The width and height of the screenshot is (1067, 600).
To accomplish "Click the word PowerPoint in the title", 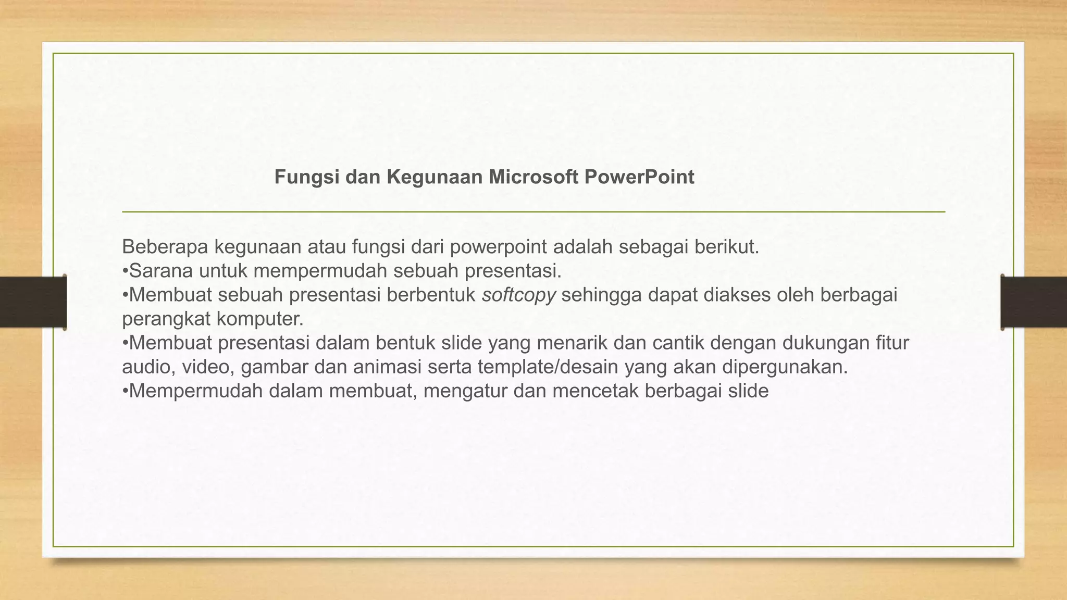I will (639, 177).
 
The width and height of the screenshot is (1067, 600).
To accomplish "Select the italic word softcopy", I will (519, 295).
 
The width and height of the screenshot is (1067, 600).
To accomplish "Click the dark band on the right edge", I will (1034, 302).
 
